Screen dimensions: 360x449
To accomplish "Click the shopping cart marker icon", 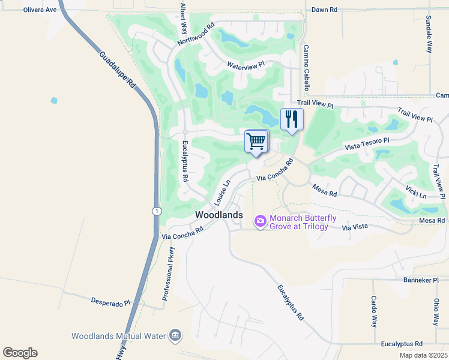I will [x=256, y=142].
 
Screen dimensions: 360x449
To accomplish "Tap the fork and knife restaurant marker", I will [x=292, y=118].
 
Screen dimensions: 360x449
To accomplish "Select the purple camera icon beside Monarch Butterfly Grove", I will [x=260, y=222].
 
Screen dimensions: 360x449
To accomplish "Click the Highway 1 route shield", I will [x=156, y=211].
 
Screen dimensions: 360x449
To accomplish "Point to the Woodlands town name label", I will [x=219, y=215].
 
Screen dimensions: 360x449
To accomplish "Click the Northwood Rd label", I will [x=196, y=35].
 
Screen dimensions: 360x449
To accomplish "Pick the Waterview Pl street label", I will [x=246, y=64].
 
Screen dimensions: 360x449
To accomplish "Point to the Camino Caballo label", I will [x=306, y=68].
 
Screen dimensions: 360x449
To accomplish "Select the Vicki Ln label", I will [x=415, y=191].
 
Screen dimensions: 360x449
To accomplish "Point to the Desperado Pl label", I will [x=110, y=303].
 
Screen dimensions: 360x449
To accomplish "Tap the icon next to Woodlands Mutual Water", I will [x=175, y=334].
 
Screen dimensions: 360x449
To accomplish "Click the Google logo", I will [x=20, y=353].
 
